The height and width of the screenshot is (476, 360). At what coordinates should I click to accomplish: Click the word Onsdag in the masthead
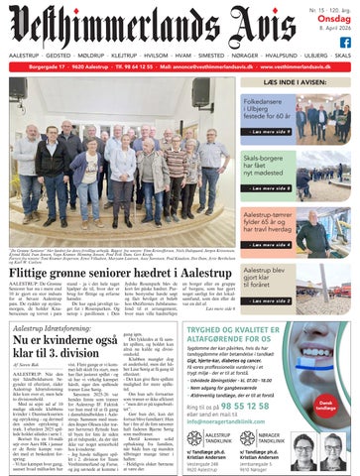pos(337,18)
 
